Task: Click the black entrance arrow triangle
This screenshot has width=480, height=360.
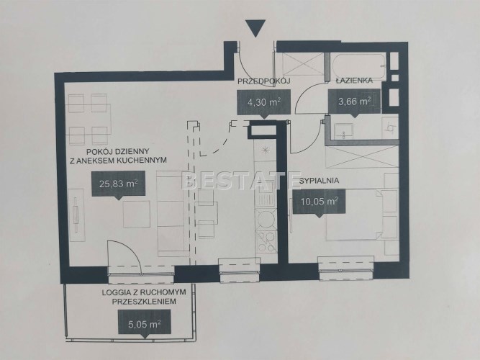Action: (x=255, y=27)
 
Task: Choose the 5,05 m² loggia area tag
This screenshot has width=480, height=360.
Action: (x=145, y=323)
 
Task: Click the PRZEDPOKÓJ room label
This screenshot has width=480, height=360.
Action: (x=264, y=81)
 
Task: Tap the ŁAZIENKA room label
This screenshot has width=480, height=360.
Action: (x=354, y=81)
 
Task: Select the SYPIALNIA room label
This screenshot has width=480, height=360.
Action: (x=319, y=181)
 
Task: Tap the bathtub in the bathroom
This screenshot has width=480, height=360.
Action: (x=359, y=66)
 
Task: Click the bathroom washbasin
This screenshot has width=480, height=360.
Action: (x=344, y=130)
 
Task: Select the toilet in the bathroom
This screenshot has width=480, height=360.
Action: (x=390, y=127)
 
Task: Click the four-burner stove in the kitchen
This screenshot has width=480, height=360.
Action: (x=266, y=241)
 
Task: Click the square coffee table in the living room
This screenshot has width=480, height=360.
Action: (x=137, y=214)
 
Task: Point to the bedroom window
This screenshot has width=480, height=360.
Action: (x=346, y=269)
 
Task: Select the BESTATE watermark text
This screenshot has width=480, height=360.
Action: (x=241, y=181)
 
